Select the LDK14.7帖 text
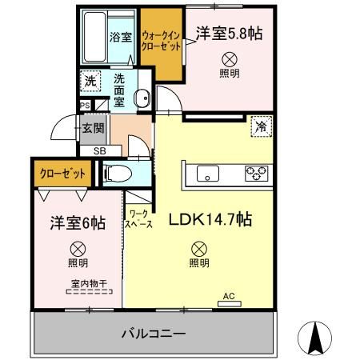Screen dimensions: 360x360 click(210, 218)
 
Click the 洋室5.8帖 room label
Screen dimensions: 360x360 click(230, 34)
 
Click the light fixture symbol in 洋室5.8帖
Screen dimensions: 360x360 click(230, 58)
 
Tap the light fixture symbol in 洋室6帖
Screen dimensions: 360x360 click(78, 247)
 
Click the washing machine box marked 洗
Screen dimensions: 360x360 click(90, 81)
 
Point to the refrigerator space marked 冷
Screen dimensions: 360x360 click(260, 126)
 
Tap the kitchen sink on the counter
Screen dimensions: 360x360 click(206, 173)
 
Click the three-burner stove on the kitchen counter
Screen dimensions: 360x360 click(256, 172)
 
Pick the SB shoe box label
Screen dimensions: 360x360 click(99, 150)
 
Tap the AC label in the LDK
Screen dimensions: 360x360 click(229, 297)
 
